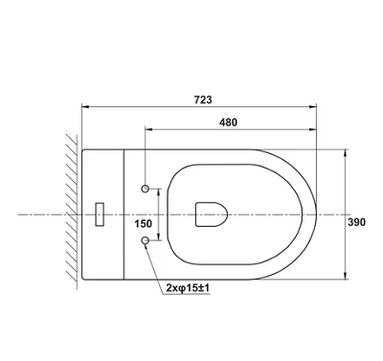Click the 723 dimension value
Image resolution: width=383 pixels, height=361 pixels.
click(x=203, y=100)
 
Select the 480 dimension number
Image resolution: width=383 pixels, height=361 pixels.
click(x=228, y=123)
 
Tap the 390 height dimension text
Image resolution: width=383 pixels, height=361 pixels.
click(x=356, y=222)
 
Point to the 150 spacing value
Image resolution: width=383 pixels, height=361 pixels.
click(x=143, y=224)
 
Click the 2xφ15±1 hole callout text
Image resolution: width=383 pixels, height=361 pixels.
click(x=188, y=288)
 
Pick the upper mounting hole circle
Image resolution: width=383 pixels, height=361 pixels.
click(x=146, y=189)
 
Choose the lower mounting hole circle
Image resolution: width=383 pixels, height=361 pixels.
click(x=146, y=241)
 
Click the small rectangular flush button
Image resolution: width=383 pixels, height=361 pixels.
click(x=101, y=214)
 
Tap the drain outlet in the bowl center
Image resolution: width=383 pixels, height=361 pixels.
click(x=212, y=214)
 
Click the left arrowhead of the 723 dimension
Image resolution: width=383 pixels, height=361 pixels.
click(x=85, y=107)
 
